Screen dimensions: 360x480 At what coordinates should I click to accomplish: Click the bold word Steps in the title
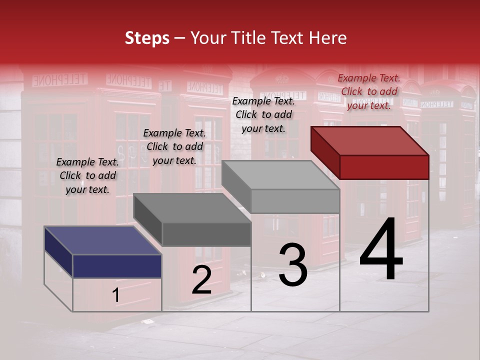147,38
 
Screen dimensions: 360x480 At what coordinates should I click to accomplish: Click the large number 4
381,250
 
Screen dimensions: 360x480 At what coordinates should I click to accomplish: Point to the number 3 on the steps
292,265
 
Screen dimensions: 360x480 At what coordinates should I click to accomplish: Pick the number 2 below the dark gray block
201,280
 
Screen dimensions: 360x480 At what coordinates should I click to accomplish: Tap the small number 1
116,295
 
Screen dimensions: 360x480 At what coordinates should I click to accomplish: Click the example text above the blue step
87,175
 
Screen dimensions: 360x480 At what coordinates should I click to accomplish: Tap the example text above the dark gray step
174,146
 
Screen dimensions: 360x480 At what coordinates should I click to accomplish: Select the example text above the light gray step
263,114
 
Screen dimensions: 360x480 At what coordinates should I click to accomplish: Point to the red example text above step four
369,91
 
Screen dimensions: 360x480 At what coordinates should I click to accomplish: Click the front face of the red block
384,167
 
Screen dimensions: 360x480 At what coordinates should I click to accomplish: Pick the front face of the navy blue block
117,266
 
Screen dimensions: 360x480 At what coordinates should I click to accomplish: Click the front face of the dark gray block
206,234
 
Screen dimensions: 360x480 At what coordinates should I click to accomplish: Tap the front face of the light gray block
295,201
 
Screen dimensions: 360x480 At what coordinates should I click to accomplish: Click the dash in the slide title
179,38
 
